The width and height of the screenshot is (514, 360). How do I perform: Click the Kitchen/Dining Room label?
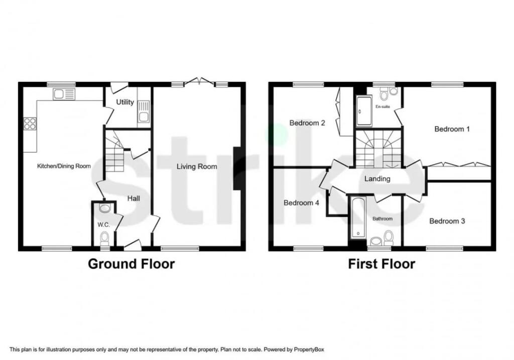64,166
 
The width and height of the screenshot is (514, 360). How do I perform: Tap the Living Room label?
197,167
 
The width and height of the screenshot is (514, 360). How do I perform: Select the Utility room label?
125,102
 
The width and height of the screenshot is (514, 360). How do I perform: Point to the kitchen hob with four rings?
30,124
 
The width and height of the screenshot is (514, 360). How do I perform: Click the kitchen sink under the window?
64,94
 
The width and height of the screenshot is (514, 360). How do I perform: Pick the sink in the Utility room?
144,111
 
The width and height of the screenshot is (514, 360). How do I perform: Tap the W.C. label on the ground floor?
103,225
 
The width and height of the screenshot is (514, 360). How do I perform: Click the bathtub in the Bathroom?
358,218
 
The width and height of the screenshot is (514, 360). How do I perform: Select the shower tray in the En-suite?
364,110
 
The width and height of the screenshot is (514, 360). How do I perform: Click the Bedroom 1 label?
452,129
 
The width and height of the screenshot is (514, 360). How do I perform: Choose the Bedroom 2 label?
307,123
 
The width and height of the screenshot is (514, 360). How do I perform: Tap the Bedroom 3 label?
447,221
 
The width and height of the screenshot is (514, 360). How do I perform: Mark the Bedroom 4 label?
301,203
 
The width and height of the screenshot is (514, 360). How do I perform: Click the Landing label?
377,179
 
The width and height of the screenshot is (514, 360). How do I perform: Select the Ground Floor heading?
132,264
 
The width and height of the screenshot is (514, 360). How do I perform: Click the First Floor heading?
381,264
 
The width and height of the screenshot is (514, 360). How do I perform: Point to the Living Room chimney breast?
237,169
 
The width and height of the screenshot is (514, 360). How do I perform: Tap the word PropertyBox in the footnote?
309,349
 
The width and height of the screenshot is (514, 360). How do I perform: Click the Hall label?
134,198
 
